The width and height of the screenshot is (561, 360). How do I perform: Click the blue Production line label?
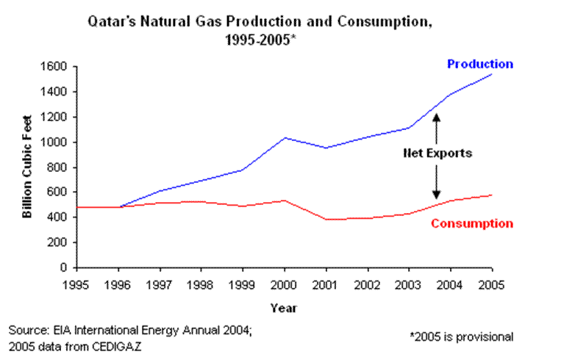point(480,65)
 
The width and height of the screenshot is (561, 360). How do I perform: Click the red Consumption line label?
point(471,223)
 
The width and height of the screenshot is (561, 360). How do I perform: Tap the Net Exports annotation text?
point(437,154)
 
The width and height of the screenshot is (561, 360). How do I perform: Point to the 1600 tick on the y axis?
point(57,67)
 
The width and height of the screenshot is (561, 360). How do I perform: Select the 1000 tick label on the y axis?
point(57,143)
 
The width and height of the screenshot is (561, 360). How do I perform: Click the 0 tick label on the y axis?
point(65,268)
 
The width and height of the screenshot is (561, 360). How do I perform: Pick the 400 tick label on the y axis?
point(60,218)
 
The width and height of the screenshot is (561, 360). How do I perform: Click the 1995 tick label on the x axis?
point(77,282)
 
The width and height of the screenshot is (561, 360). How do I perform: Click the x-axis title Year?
point(283,307)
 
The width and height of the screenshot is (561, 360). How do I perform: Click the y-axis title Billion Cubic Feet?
point(26,166)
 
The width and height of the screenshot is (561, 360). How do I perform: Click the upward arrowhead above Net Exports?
point(436,116)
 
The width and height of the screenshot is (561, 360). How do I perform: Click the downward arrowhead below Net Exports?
point(436,190)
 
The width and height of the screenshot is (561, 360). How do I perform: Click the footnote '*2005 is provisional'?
point(461,336)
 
